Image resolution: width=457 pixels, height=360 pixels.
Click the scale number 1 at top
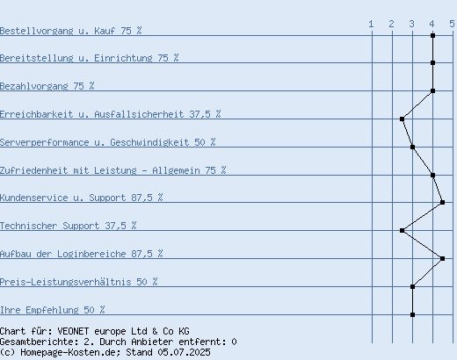coord(371,24)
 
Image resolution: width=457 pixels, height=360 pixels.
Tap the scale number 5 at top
coord(452,24)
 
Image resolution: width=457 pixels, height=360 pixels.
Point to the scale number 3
coord(411,24)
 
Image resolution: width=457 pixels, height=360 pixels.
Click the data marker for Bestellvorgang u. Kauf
coord(432,36)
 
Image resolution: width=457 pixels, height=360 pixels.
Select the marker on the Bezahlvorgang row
coord(432,90)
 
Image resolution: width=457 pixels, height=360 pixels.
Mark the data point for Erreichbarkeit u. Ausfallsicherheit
coord(403,119)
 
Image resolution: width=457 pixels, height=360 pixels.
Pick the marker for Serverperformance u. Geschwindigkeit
coord(412,147)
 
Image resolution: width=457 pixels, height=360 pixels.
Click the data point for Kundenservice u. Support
coord(443,202)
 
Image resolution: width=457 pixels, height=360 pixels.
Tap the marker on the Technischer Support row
coord(403,230)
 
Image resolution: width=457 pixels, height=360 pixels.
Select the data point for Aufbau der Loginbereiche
coord(443,258)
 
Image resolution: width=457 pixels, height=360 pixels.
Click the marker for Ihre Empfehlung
coord(412,314)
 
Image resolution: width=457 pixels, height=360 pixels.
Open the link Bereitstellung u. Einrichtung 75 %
coord(89,58)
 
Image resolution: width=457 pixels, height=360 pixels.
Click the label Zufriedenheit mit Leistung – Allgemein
coord(100,170)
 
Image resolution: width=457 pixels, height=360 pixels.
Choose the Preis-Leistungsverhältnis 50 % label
coord(79,282)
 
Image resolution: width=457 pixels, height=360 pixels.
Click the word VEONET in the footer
coord(73,331)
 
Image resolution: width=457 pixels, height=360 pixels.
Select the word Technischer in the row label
coord(29,226)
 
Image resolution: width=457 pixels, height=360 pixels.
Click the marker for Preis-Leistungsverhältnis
coord(412,286)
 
